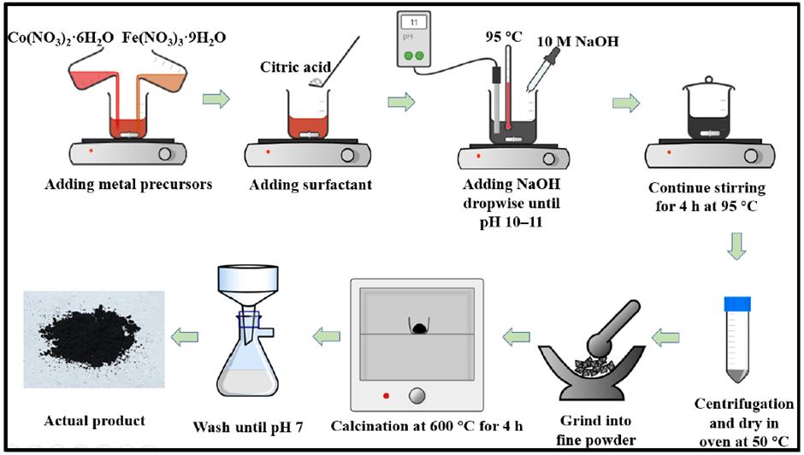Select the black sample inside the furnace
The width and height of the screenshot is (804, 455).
[x=419, y=328]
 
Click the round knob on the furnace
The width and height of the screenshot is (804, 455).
[x=418, y=394]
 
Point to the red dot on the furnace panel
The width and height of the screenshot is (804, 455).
[x=387, y=394]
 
